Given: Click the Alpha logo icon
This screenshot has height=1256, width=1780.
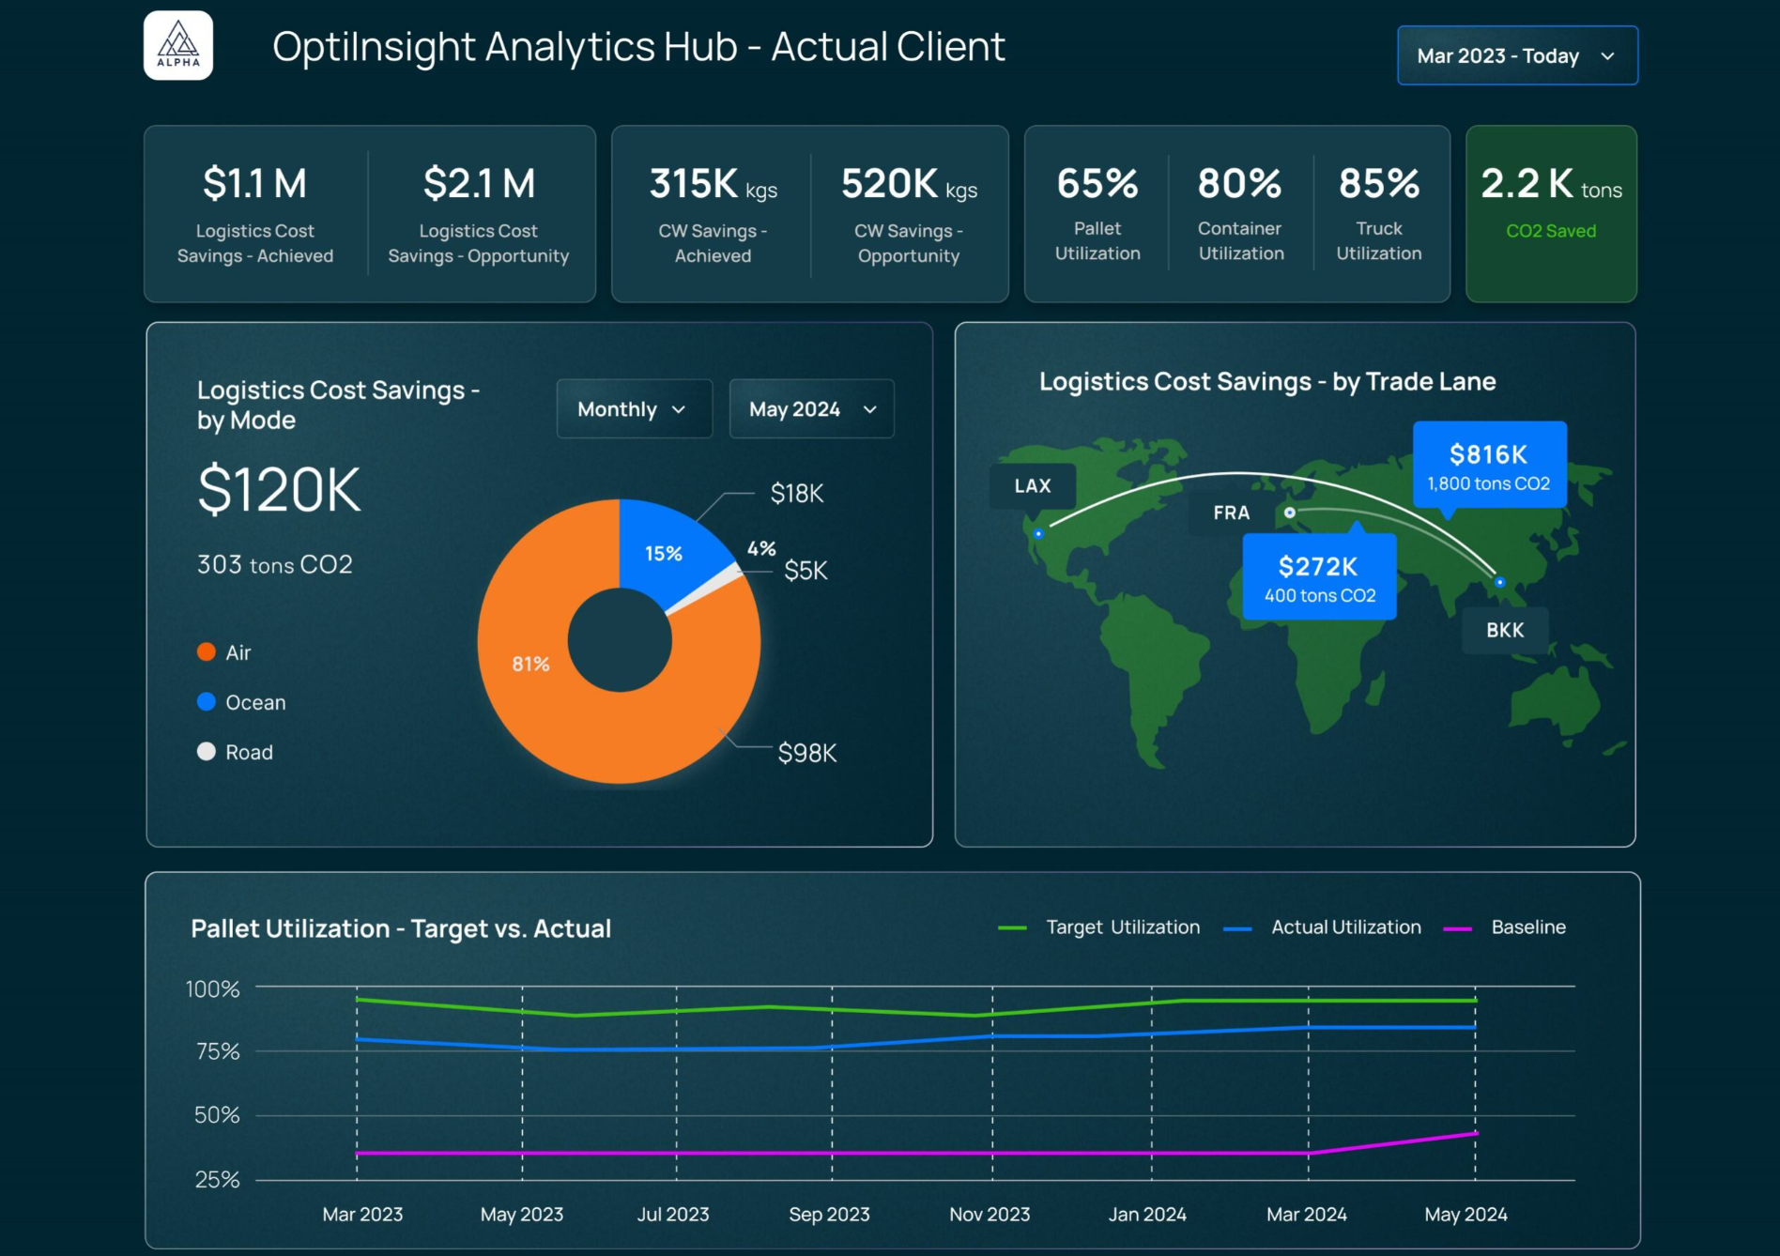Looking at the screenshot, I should [x=178, y=45].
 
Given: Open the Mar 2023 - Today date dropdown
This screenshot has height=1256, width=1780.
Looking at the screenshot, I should [x=1516, y=55].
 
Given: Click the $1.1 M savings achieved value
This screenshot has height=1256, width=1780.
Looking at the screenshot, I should [x=254, y=183].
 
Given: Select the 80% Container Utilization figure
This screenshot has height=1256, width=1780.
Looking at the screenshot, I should [x=1239, y=184].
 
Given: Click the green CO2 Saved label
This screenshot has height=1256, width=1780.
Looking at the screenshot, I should [x=1550, y=231].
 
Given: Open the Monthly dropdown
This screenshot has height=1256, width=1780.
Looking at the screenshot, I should [x=634, y=409].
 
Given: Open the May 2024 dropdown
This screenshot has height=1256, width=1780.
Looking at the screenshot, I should [x=811, y=409].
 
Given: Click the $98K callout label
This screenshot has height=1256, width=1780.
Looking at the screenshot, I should [x=806, y=753].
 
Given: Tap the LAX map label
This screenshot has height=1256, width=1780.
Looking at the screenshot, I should [x=1032, y=486].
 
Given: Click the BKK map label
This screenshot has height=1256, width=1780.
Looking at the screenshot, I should [x=1504, y=630].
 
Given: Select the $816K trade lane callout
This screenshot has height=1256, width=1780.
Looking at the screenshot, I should [x=1489, y=466].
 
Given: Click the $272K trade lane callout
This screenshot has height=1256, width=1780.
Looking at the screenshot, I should [x=1319, y=577].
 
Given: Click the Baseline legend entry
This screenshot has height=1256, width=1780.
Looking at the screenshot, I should [x=1527, y=927].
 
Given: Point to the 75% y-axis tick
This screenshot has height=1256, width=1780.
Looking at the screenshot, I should [x=217, y=1051].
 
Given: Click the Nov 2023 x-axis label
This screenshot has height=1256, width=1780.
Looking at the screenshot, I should [x=990, y=1214].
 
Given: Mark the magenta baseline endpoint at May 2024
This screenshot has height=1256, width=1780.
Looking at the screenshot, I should [x=1476, y=1134].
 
